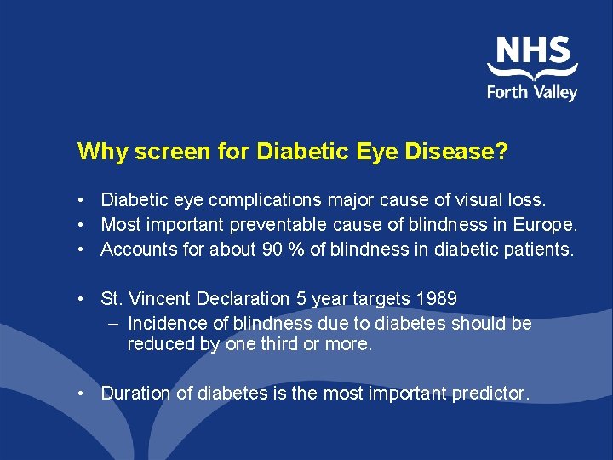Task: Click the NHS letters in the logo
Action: pos(533,50)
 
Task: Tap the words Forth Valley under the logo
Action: pos(532,91)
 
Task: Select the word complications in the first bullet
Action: pos(265,200)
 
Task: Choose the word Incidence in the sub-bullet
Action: pos(165,324)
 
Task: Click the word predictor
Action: pos(489,394)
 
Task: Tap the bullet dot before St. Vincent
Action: pos(78,299)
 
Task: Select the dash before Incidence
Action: pos(115,324)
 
